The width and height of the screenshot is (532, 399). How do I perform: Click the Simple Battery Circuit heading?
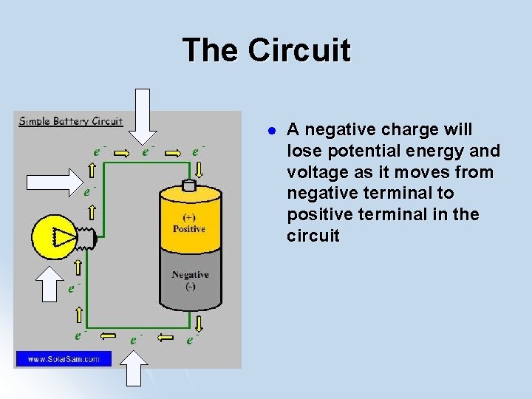pyautogui.click(x=70, y=121)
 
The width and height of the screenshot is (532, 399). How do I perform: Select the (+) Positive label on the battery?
pyautogui.click(x=189, y=223)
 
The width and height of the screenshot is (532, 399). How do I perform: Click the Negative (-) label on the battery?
pyautogui.click(x=190, y=280)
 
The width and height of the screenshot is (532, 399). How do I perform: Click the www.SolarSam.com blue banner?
pyautogui.click(x=63, y=359)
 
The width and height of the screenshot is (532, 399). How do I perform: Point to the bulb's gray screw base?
pyautogui.click(x=88, y=236)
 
